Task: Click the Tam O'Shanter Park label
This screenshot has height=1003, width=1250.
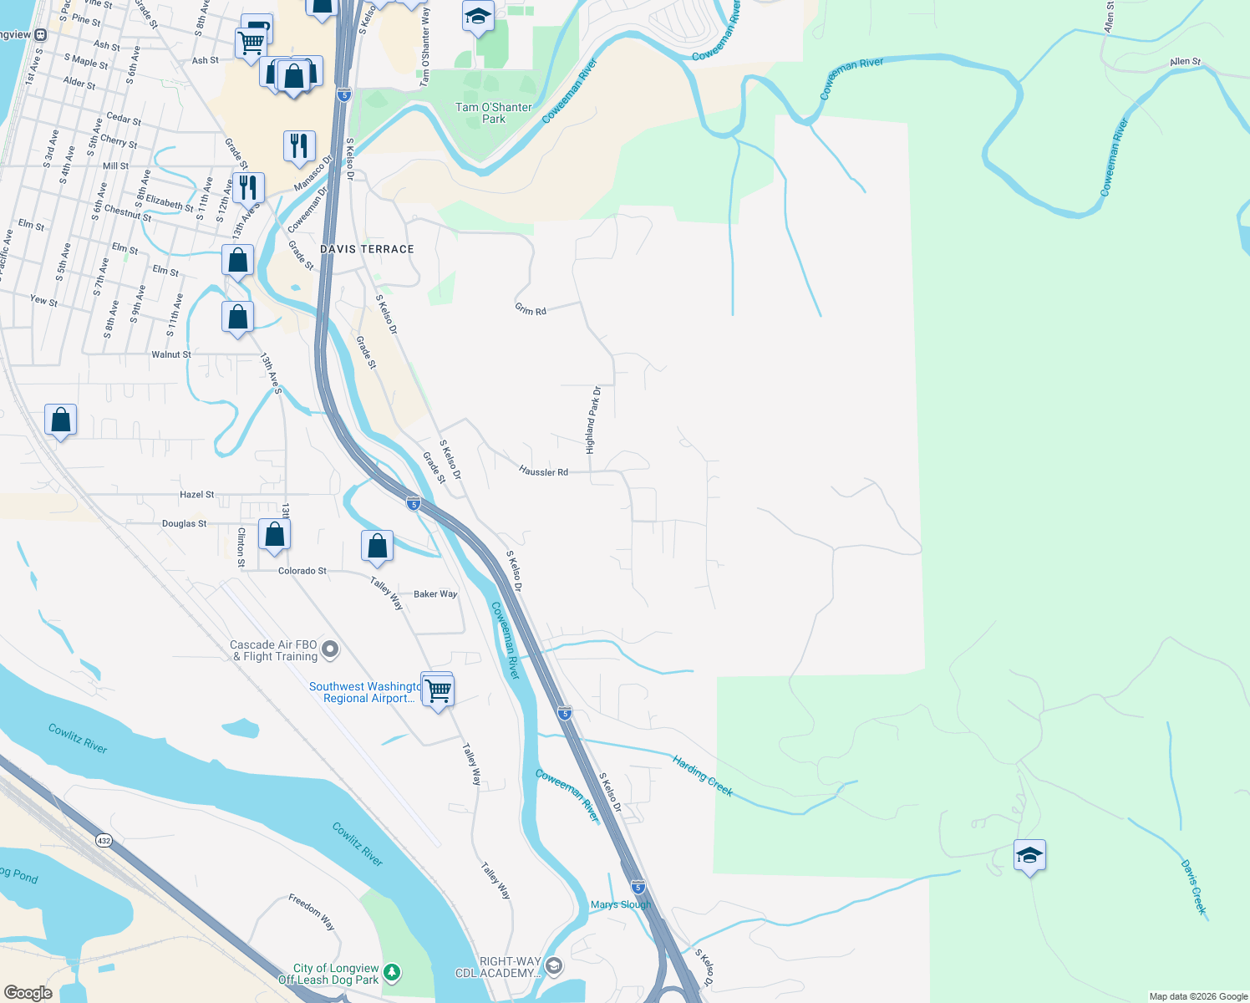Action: click(493, 113)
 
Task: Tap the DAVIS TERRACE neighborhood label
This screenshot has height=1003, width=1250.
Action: click(367, 249)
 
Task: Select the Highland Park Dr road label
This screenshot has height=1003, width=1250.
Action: click(593, 420)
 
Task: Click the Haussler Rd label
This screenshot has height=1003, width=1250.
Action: click(543, 471)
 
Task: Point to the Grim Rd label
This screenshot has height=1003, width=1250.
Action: click(531, 310)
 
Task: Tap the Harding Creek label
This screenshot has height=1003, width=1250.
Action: click(703, 776)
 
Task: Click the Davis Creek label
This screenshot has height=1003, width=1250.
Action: click(1194, 887)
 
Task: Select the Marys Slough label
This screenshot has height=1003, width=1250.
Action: click(620, 904)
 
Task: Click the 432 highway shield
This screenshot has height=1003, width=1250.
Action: click(104, 841)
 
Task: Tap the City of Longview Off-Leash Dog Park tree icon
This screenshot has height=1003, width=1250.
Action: click(392, 973)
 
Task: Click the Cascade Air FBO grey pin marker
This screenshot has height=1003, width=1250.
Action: click(331, 649)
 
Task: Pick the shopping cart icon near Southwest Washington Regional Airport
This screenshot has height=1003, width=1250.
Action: click(438, 690)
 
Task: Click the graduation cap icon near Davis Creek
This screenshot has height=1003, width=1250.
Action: click(1029, 855)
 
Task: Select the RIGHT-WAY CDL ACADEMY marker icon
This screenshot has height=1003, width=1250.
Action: click(552, 966)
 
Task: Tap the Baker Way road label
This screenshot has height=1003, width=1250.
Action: click(435, 594)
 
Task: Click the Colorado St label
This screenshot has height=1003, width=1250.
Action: click(302, 571)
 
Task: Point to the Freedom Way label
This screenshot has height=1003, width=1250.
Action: click(312, 912)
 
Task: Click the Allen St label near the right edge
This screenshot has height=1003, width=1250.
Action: click(1185, 62)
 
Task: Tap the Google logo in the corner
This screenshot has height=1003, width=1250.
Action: click(28, 993)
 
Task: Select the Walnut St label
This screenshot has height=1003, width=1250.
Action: click(171, 354)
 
